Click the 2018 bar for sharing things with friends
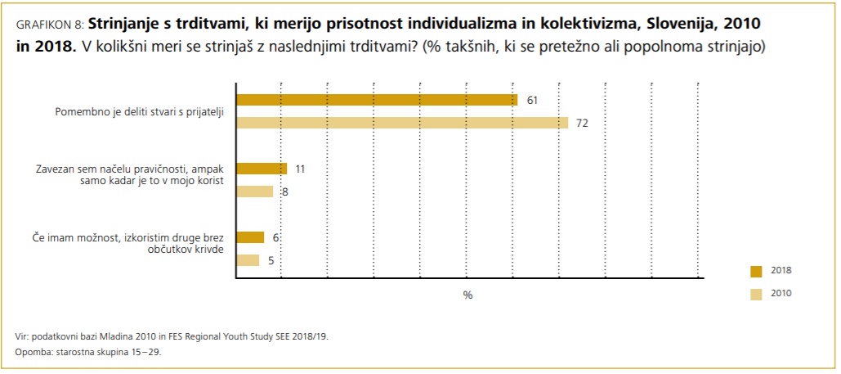[376, 100]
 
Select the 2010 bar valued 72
[401, 123]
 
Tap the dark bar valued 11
[261, 169]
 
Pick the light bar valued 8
[254, 192]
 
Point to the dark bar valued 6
[249, 237]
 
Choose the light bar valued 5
[247, 260]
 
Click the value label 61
[532, 100]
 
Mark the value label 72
[583, 124]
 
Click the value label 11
[300, 169]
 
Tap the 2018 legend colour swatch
[755, 271]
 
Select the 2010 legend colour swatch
[755, 294]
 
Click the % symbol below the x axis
[467, 295]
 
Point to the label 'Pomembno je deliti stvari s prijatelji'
[139, 111]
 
